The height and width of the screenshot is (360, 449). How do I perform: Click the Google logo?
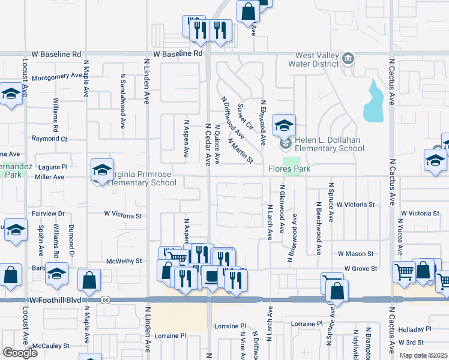coord(19,353)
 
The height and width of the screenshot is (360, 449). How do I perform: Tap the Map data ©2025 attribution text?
coord(424,355)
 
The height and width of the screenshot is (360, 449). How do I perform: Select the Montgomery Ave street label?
coord(56,77)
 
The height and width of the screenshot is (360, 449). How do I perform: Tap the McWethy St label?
coord(123,261)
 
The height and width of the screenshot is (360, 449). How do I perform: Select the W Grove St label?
coord(360,269)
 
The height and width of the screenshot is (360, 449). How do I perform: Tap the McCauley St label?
coord(51,346)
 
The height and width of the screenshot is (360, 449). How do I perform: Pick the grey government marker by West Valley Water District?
coord(349,59)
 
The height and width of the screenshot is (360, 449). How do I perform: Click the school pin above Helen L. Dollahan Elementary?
coord(285,125)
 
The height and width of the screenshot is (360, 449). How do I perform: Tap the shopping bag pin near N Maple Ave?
coord(89,280)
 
